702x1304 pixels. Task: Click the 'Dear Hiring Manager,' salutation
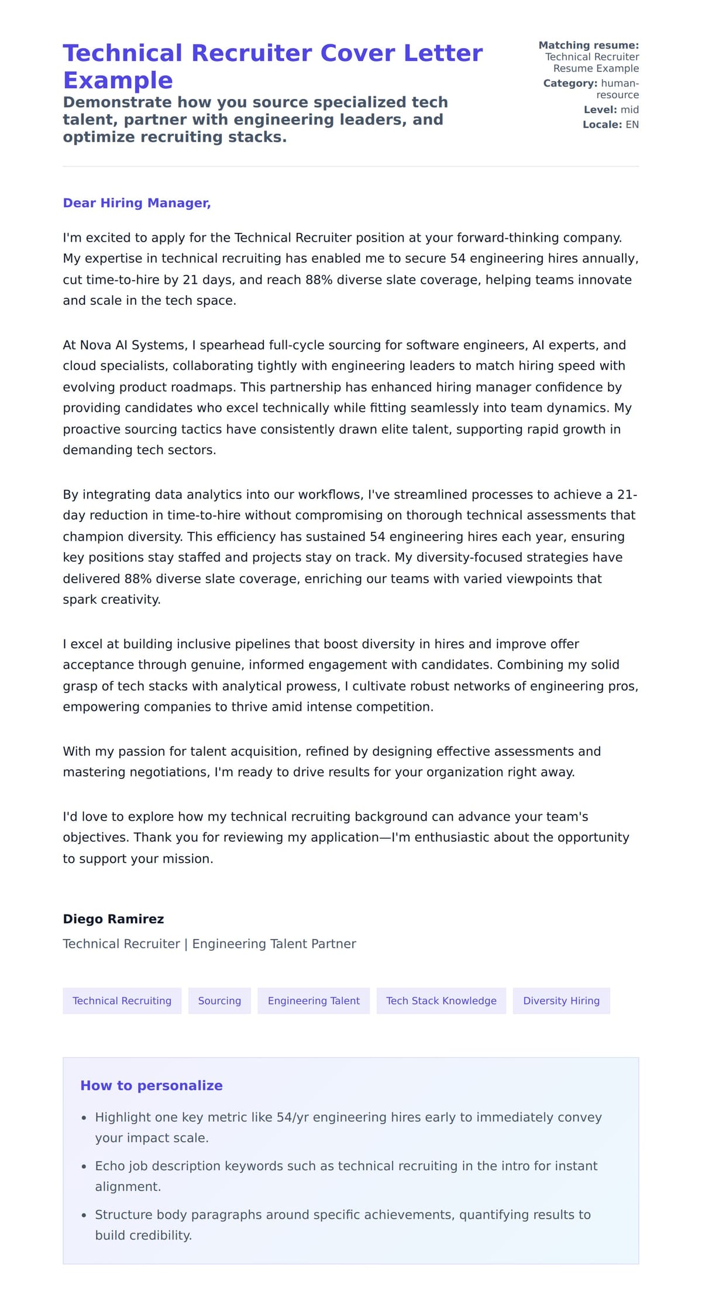pyautogui.click(x=136, y=203)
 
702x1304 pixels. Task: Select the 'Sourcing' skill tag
pyautogui.click(x=219, y=1000)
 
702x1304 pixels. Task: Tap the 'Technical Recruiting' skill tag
pyautogui.click(x=122, y=1000)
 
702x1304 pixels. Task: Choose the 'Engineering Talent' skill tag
pyautogui.click(x=314, y=1000)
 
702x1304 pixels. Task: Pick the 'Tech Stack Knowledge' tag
pyautogui.click(x=441, y=1000)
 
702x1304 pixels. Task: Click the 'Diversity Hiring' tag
pyautogui.click(x=561, y=1000)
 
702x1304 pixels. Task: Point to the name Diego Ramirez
pyautogui.click(x=113, y=918)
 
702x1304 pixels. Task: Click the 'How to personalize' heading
pyautogui.click(x=152, y=1085)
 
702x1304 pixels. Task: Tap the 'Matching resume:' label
pyautogui.click(x=588, y=45)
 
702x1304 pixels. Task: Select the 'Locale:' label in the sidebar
pyautogui.click(x=602, y=125)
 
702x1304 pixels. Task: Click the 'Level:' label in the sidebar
pyautogui.click(x=600, y=109)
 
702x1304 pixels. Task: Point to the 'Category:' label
pyautogui.click(x=570, y=83)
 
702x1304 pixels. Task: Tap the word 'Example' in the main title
pyautogui.click(x=118, y=80)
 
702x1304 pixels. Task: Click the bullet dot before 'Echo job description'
pyautogui.click(x=84, y=1166)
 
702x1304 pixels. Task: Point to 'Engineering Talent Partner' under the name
pyautogui.click(x=274, y=944)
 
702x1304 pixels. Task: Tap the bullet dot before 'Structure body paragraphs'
pyautogui.click(x=84, y=1215)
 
